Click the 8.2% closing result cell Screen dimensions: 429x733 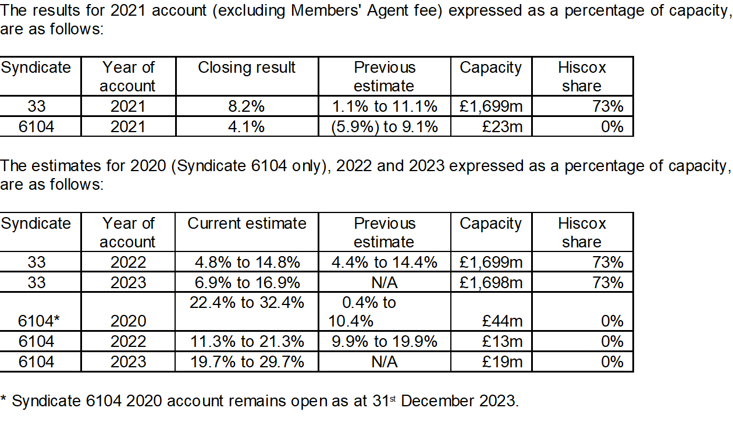(x=247, y=107)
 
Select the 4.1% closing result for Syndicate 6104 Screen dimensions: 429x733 (x=247, y=126)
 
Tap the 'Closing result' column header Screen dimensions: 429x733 (x=247, y=68)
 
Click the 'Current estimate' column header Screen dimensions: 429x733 (x=247, y=224)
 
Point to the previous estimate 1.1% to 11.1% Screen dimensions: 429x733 (x=385, y=107)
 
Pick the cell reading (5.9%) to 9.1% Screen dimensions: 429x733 (x=385, y=126)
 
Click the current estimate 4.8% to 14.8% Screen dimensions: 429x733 (x=247, y=263)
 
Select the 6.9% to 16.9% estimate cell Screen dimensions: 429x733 (x=247, y=282)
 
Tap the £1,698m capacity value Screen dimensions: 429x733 (x=491, y=282)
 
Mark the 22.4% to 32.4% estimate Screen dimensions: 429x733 (x=247, y=303)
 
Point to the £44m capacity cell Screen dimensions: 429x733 (x=503, y=321)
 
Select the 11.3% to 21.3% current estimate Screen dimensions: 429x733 (x=247, y=342)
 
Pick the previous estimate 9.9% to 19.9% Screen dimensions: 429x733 (x=385, y=342)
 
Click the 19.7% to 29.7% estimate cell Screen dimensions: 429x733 (x=247, y=361)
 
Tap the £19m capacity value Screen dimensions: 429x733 (x=503, y=361)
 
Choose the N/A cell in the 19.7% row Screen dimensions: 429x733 (x=385, y=361)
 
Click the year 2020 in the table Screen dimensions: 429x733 (x=128, y=321)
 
